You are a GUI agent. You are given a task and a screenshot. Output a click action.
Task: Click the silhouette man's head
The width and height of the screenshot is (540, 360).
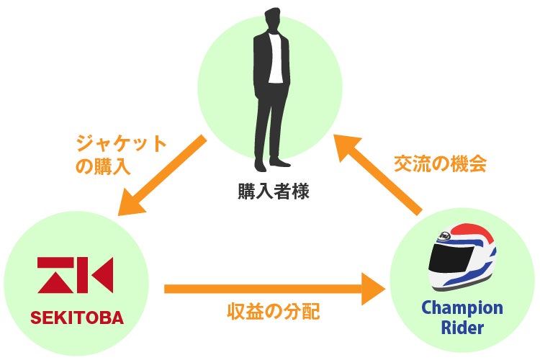click(x=272, y=19)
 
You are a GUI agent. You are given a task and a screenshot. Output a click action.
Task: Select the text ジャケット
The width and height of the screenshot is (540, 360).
click(x=121, y=140)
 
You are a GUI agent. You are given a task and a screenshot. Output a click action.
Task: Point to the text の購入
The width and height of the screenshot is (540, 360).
click(x=102, y=166)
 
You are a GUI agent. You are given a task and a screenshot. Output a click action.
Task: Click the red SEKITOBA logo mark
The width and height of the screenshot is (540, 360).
click(x=75, y=275)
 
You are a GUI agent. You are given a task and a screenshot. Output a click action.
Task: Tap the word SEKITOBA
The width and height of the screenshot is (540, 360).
click(x=77, y=318)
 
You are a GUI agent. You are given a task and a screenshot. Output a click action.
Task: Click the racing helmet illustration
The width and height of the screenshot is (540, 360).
click(x=462, y=256)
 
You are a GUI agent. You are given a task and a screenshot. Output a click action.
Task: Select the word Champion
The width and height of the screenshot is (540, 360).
click(x=462, y=307)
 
